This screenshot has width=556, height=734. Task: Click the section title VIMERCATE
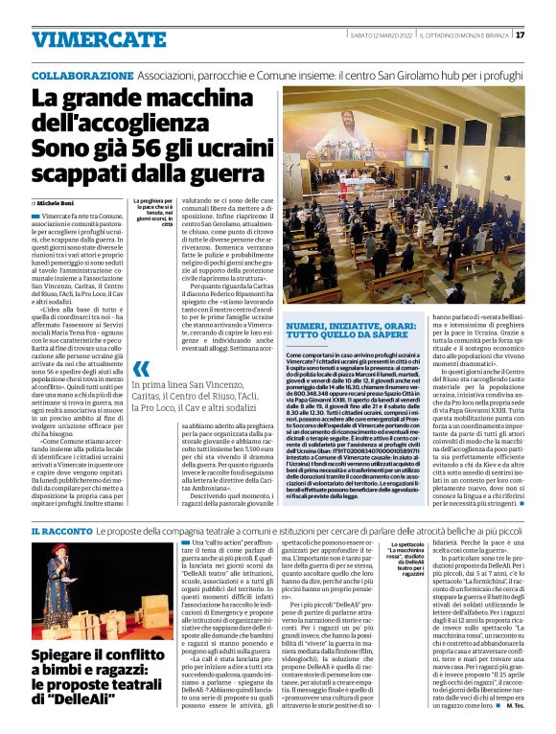coord(87,39)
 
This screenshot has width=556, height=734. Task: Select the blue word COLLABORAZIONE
coord(80,75)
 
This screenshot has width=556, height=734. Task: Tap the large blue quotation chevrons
coord(141,369)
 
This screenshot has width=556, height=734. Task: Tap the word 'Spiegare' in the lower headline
coord(66,655)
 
